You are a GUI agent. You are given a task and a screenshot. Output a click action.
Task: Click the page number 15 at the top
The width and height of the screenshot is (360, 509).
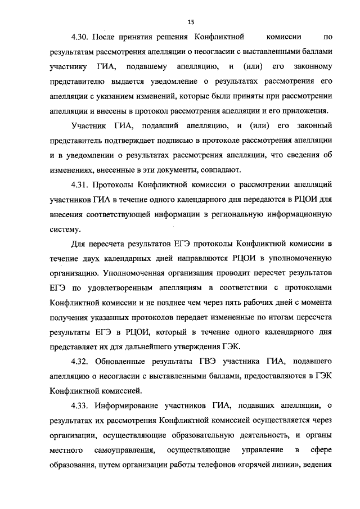click(x=191, y=22)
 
